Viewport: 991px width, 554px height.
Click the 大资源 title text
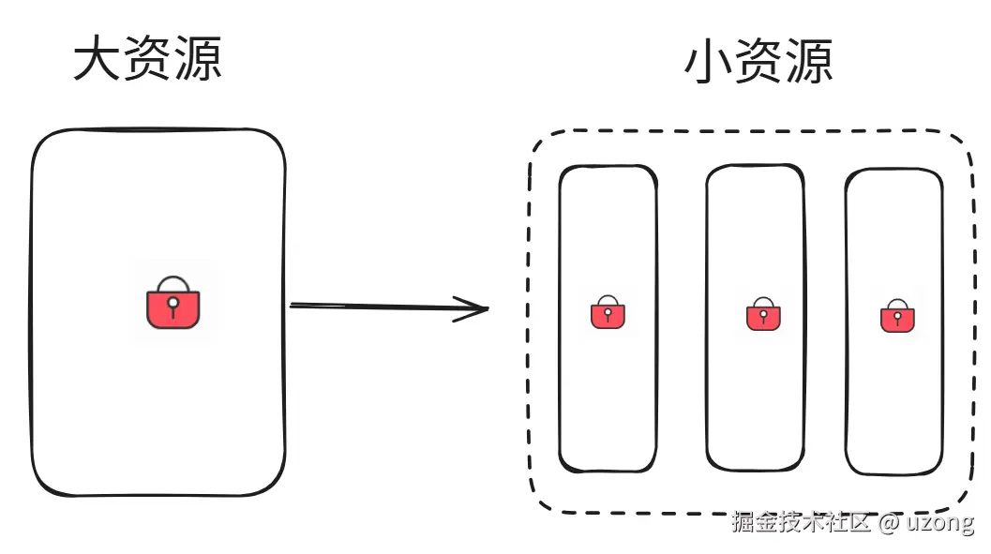pos(147,60)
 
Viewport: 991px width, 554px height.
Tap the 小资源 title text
pos(759,64)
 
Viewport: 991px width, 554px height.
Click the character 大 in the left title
pos(98,60)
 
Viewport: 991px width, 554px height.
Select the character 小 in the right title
pos(710,64)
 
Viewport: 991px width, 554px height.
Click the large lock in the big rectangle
pos(173,304)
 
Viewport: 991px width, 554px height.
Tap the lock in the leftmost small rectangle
pos(608,314)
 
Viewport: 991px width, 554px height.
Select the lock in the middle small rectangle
pos(763,315)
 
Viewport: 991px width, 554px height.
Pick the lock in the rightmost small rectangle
pos(897,317)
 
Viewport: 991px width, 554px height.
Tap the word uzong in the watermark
pos(940,523)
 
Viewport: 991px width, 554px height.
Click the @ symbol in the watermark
pos(889,523)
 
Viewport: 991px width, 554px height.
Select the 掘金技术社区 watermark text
pos(802,523)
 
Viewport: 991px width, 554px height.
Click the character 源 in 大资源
pos(196,60)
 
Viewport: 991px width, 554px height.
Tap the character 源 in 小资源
pos(808,64)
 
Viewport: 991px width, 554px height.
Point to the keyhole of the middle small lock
pos(763,315)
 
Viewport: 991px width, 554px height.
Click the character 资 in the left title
pos(147,60)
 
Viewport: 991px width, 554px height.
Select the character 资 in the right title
pos(759,64)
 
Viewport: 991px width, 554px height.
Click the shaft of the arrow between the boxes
pos(375,306)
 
